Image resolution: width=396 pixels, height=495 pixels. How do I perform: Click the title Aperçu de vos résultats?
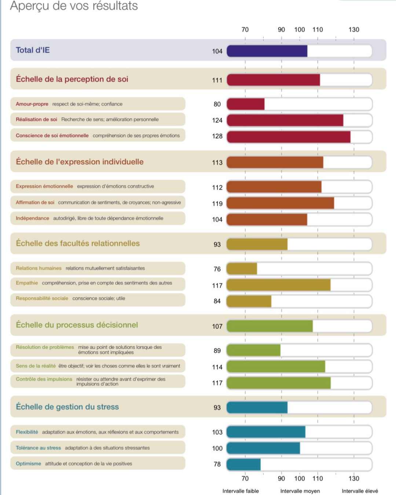74,6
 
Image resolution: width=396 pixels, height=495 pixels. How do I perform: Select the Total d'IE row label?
33,50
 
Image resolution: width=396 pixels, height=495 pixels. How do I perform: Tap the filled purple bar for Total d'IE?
267,51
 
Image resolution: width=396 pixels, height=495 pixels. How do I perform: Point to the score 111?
217,80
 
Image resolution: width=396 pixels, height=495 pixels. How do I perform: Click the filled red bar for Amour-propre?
246,104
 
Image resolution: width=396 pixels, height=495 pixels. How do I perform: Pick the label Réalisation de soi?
36,120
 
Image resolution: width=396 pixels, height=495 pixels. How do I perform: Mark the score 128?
217,136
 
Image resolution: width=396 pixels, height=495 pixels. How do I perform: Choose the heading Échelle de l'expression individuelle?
80,162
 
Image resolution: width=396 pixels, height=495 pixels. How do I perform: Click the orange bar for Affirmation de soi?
280,203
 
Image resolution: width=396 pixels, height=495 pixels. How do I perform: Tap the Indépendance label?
32,218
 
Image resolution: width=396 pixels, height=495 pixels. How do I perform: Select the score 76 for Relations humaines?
217,269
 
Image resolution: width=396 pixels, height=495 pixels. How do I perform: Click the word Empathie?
27,283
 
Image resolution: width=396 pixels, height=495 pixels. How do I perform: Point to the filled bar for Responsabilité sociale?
249,301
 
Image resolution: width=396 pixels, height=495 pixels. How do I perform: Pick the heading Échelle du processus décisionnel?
77,325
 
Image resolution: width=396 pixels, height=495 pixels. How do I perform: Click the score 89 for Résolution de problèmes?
217,351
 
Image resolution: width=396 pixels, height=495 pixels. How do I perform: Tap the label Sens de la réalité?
36,366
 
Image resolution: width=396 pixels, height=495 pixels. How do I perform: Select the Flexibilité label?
27,432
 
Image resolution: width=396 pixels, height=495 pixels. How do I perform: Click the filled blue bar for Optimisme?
244,465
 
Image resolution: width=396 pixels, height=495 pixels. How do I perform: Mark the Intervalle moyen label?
300,491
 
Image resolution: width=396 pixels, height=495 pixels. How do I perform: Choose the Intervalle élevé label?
360,491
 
